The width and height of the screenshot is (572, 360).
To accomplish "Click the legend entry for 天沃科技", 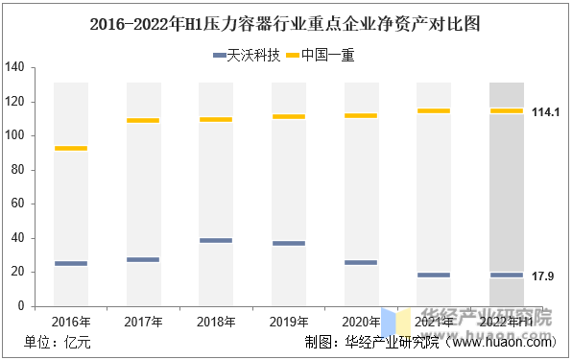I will pyautogui.click(x=246, y=56).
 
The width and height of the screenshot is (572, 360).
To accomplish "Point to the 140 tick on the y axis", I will pyautogui.click(x=14, y=67).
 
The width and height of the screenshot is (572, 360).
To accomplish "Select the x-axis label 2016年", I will pyautogui.click(x=71, y=321).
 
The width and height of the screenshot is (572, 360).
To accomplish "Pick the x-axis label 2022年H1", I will pyautogui.click(x=507, y=321).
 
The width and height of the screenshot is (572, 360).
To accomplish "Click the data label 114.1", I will pyautogui.click(x=545, y=112).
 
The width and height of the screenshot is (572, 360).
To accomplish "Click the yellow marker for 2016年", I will pyautogui.click(x=71, y=148).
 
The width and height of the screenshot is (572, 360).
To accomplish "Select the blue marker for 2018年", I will pyautogui.click(x=216, y=240).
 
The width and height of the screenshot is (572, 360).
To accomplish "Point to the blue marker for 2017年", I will pyautogui.click(x=143, y=259).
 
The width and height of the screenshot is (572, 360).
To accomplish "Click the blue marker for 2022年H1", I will pyautogui.click(x=507, y=276).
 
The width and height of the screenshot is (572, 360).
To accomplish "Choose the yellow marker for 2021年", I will pyautogui.click(x=434, y=110).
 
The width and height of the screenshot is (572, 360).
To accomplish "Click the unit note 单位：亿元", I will pyautogui.click(x=58, y=342).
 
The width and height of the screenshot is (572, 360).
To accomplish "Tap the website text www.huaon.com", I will pyautogui.click(x=503, y=342).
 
